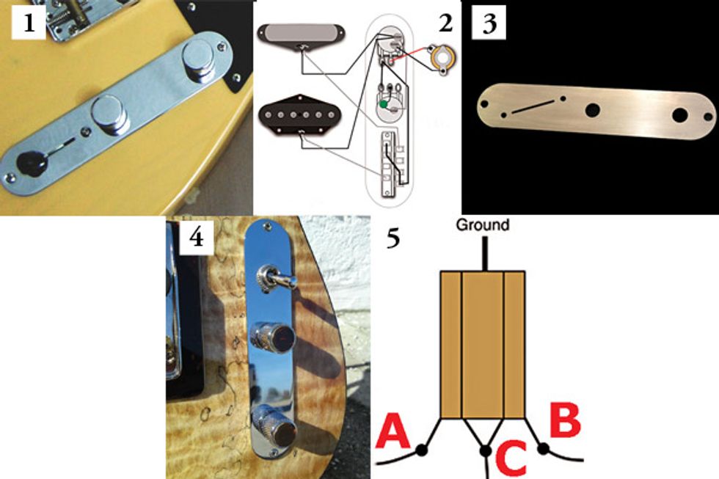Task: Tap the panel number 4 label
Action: pyautogui.click(x=196, y=238)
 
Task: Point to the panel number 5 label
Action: pyautogui.click(x=393, y=240)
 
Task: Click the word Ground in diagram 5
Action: pyautogui.click(x=482, y=225)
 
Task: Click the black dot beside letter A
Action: pyautogui.click(x=422, y=450)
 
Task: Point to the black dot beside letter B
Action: pyautogui.click(x=544, y=447)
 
